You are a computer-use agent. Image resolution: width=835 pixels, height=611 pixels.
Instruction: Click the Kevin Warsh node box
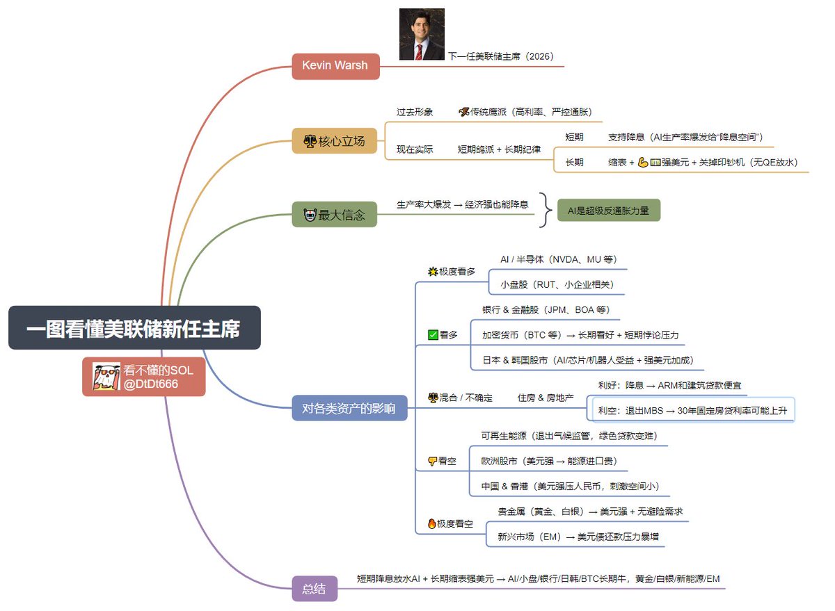[335, 66]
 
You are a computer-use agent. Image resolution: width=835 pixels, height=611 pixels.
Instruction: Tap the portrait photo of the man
[422, 34]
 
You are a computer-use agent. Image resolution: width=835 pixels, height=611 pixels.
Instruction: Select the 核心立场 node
[334, 141]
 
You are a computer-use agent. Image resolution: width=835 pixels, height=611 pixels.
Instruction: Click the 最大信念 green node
[334, 215]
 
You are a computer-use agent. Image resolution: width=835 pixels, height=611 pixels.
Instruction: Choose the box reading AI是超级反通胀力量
[608, 210]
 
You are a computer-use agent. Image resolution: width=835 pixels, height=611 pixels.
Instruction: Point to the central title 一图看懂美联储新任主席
[134, 328]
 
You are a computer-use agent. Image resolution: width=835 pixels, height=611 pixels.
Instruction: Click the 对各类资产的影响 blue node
[349, 408]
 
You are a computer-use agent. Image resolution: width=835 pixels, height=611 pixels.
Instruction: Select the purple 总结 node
[315, 589]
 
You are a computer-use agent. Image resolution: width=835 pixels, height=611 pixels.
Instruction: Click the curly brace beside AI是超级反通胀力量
[548, 210]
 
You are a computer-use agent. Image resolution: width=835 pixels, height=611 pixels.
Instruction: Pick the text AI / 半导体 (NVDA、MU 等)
[558, 260]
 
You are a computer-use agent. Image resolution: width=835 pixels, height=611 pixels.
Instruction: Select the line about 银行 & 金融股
[546, 310]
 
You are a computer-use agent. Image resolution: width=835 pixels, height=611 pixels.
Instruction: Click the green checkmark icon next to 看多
[433, 335]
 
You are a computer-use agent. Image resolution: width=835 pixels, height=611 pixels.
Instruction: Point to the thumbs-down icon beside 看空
[433, 461]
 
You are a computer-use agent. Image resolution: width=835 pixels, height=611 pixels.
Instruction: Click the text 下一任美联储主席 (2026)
[501, 56]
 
